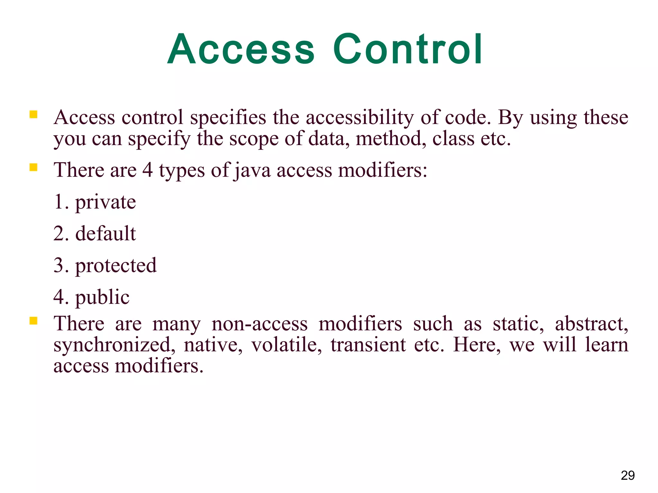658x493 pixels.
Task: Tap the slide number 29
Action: (x=627, y=475)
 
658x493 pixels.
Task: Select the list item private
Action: (x=105, y=203)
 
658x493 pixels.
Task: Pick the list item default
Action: (x=105, y=233)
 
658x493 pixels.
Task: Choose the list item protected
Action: (x=116, y=265)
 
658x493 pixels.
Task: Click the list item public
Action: (x=102, y=297)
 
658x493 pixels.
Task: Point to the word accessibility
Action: (x=360, y=117)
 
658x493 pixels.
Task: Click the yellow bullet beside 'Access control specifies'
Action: (x=33, y=115)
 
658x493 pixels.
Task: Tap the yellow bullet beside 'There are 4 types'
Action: (x=33, y=167)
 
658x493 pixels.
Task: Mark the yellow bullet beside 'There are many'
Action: (x=33, y=321)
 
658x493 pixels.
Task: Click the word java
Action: (x=253, y=170)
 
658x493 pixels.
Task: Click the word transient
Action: (x=368, y=345)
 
